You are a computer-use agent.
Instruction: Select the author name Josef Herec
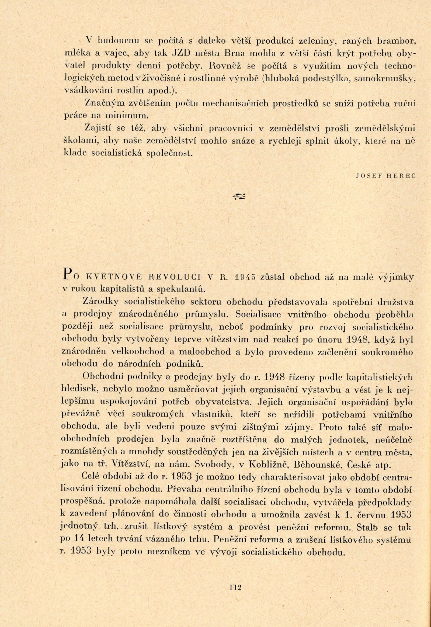pos(386,176)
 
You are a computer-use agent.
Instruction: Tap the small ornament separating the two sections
pos(239,197)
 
